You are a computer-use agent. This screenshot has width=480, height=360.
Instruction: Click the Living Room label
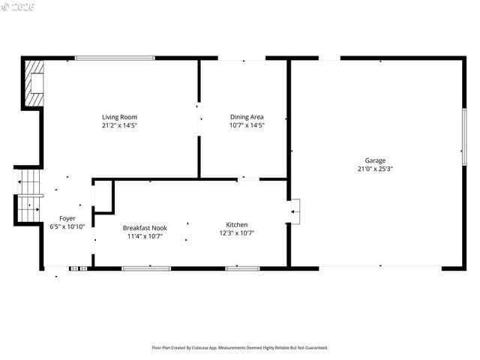pos(119,117)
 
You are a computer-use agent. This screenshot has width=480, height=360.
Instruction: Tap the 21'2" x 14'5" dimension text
pos(119,125)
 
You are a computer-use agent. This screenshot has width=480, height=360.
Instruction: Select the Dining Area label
pos(247,117)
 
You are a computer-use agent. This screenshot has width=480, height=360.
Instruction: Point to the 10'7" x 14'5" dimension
pos(247,125)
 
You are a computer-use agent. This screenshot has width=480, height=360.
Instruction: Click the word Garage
pos(375,160)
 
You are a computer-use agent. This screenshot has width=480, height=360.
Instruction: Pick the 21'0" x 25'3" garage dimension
pos(375,169)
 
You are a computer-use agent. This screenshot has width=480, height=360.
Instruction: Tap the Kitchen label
pos(237,225)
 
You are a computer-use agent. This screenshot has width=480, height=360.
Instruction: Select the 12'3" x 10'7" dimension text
pos(237,233)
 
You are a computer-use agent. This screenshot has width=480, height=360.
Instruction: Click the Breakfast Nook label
pos(145,228)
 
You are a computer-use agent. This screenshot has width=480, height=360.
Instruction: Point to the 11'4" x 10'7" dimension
pos(145,236)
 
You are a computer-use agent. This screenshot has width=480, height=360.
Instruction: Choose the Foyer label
pos(67,218)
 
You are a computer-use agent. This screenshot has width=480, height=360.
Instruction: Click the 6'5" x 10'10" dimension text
pos(67,226)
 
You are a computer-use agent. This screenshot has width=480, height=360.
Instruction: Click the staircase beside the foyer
pos(28,196)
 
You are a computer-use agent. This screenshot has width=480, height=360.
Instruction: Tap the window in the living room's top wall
pos(115,58)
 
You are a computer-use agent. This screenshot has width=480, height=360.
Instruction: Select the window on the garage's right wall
pos(464,136)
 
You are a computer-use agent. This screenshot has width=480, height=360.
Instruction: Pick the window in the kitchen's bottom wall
pos(242,268)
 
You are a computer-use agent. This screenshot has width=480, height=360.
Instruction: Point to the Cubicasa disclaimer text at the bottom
pos(240,348)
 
